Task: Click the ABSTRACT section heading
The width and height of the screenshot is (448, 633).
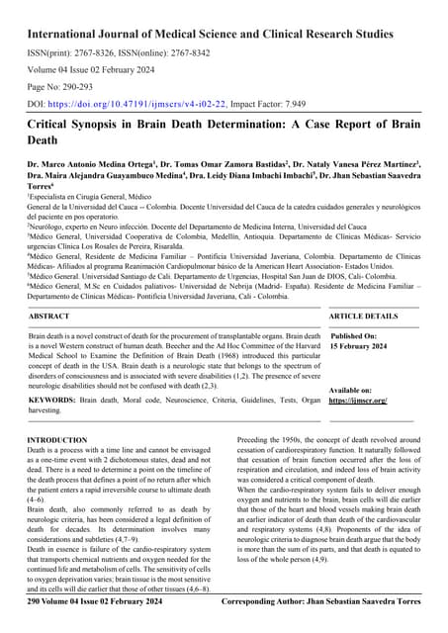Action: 49,316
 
